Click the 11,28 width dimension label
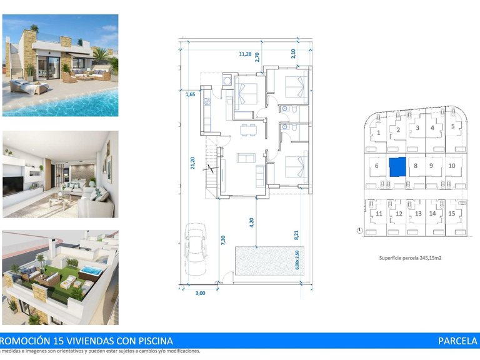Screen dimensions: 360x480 click(246, 54)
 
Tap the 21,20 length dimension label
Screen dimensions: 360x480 click(192, 162)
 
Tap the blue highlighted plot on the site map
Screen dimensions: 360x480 click(397, 167)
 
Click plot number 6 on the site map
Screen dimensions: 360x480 click(377, 166)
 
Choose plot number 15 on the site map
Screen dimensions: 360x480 click(451, 213)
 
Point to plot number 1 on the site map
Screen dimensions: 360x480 click(379, 132)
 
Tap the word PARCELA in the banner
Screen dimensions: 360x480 click(457, 341)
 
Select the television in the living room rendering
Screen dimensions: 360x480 click(12, 186)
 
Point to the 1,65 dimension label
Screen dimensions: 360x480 click(191, 94)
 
